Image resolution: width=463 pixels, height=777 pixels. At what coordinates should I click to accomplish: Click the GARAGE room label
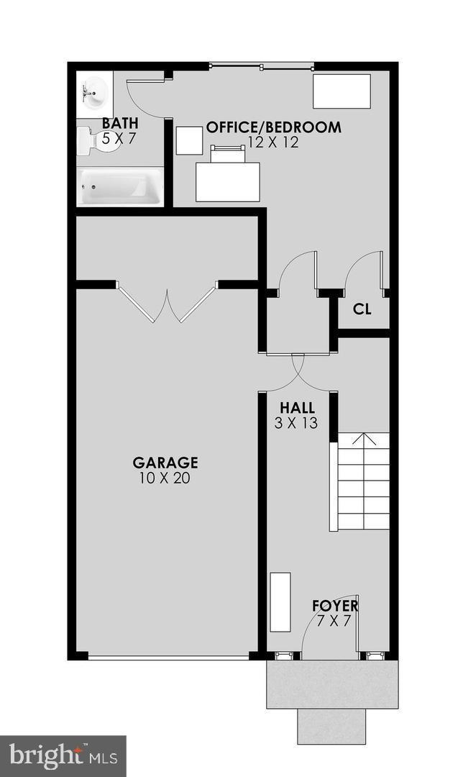point(165,463)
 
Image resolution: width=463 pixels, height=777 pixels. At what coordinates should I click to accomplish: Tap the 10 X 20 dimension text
point(165,478)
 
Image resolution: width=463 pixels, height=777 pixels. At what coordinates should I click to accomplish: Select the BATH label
point(120,124)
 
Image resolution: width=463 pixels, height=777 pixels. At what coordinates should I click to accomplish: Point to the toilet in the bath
point(89,140)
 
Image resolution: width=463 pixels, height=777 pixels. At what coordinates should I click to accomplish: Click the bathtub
point(119,186)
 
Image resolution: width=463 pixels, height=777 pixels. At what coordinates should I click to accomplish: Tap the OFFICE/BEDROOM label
point(273,127)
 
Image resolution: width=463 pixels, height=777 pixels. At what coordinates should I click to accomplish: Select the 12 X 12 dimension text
point(273,142)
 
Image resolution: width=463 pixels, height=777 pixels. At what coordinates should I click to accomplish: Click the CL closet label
point(362,310)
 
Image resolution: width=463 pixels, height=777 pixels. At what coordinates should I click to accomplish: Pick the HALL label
point(297,408)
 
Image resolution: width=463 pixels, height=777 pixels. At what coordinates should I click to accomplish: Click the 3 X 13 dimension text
point(296,423)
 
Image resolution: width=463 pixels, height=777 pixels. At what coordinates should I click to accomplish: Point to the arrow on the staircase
point(365,440)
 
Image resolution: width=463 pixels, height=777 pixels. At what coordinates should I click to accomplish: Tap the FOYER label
point(335,605)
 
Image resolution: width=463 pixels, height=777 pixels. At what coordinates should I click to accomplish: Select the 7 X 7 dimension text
point(335,620)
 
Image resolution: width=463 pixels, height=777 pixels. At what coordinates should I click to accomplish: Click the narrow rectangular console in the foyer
point(280,602)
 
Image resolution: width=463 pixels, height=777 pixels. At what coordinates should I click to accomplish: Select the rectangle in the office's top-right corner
point(341,91)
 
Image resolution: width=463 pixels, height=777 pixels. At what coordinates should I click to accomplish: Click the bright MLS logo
point(63,756)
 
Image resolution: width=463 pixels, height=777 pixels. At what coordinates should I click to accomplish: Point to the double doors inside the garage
point(168,305)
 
